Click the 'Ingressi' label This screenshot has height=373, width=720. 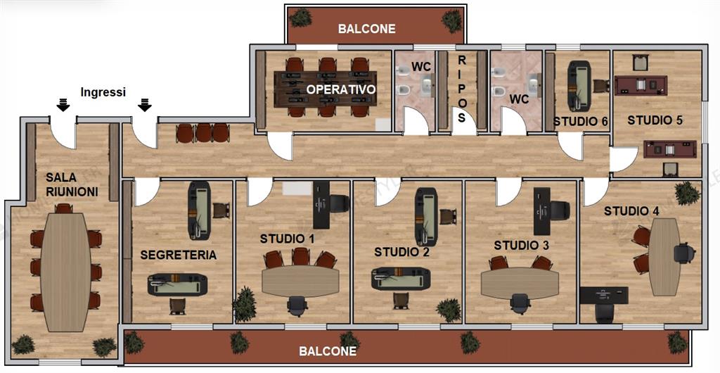coord(103,92)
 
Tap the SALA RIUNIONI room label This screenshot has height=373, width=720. coord(72,184)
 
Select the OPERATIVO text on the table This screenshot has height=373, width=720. coord(341,89)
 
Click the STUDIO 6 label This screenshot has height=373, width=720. coord(580,122)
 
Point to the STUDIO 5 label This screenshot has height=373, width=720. coord(655,120)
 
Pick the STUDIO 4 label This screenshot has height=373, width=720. coord(631,211)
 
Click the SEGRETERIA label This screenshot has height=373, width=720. coord(178,255)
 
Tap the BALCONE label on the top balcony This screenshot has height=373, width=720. coord(366,29)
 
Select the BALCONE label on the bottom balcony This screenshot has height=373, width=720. coord(328,351)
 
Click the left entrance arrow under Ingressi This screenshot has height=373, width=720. coord(63,105)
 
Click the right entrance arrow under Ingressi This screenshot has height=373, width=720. coord(145,105)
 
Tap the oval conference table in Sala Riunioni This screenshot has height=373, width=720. coord(65,272)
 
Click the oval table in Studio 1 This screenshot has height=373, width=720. coord(300,281)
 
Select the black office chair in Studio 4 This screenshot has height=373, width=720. coord(684,253)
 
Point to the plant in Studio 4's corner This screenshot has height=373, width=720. coord(688,194)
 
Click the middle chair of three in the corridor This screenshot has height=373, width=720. coord(203,133)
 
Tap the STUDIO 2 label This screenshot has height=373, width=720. coord(401,252)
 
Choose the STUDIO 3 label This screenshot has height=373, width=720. coord(521,246)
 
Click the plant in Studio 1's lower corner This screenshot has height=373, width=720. coord(244,303)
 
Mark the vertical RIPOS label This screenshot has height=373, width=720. coord(461,89)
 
